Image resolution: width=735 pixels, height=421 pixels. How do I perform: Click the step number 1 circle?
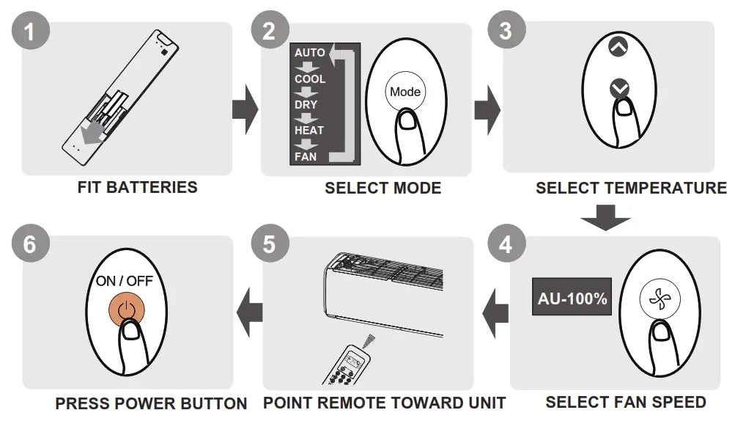pyautogui.click(x=30, y=31)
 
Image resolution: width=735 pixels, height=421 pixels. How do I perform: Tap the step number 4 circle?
pyautogui.click(x=506, y=244)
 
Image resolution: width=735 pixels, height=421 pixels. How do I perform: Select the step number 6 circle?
pyautogui.click(x=29, y=244)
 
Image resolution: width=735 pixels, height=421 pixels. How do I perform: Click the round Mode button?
pyautogui.click(x=405, y=92)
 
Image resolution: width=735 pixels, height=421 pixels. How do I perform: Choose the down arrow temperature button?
pyautogui.click(x=619, y=89)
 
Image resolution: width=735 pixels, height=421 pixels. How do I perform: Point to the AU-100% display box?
pyautogui.click(x=572, y=299)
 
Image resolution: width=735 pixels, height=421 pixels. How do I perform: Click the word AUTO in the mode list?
pyautogui.click(x=309, y=53)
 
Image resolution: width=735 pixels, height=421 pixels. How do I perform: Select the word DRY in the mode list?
pyautogui.click(x=306, y=105)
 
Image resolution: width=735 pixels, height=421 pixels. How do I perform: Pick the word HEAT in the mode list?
pyautogui.click(x=309, y=131)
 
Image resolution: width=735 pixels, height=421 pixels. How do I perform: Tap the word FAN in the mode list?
pyautogui.click(x=305, y=156)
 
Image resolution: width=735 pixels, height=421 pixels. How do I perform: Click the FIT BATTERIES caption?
pyautogui.click(x=137, y=187)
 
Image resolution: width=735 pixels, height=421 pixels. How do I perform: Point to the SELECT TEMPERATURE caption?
pyautogui.click(x=631, y=188)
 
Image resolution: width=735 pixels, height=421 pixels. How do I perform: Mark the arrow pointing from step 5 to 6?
pyautogui.click(x=251, y=314)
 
